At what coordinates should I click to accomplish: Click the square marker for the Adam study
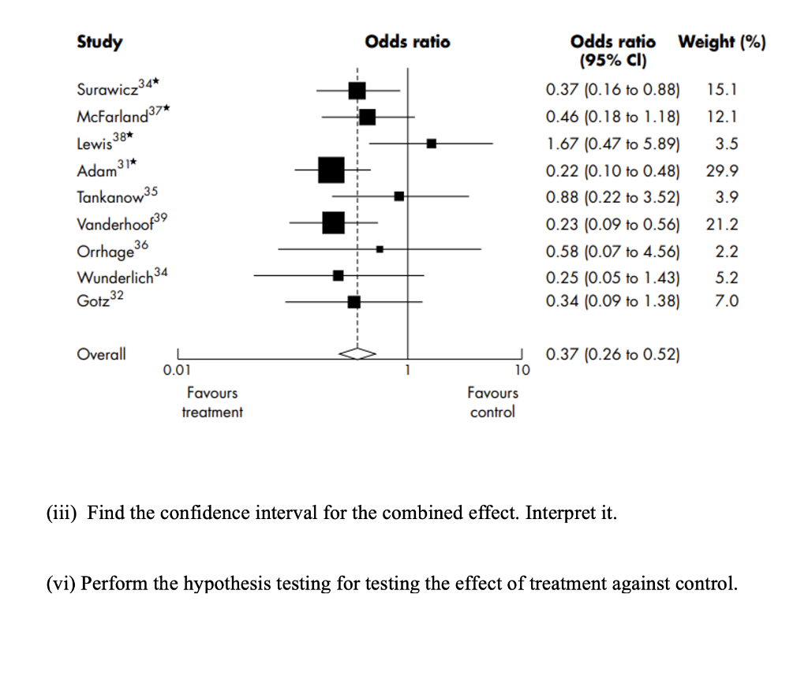(331, 170)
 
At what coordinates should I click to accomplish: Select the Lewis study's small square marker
(432, 144)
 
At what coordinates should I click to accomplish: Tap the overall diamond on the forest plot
(357, 354)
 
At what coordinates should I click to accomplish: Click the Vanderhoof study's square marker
(334, 223)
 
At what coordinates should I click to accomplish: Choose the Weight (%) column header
(722, 42)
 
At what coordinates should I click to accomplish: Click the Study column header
(99, 42)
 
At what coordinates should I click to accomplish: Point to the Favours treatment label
(212, 402)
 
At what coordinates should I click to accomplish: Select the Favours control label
(492, 402)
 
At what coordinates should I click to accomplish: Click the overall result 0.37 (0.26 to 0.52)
(612, 355)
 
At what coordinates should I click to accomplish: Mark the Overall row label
(101, 354)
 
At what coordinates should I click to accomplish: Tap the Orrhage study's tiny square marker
(380, 248)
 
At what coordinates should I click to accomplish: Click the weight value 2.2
(728, 252)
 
